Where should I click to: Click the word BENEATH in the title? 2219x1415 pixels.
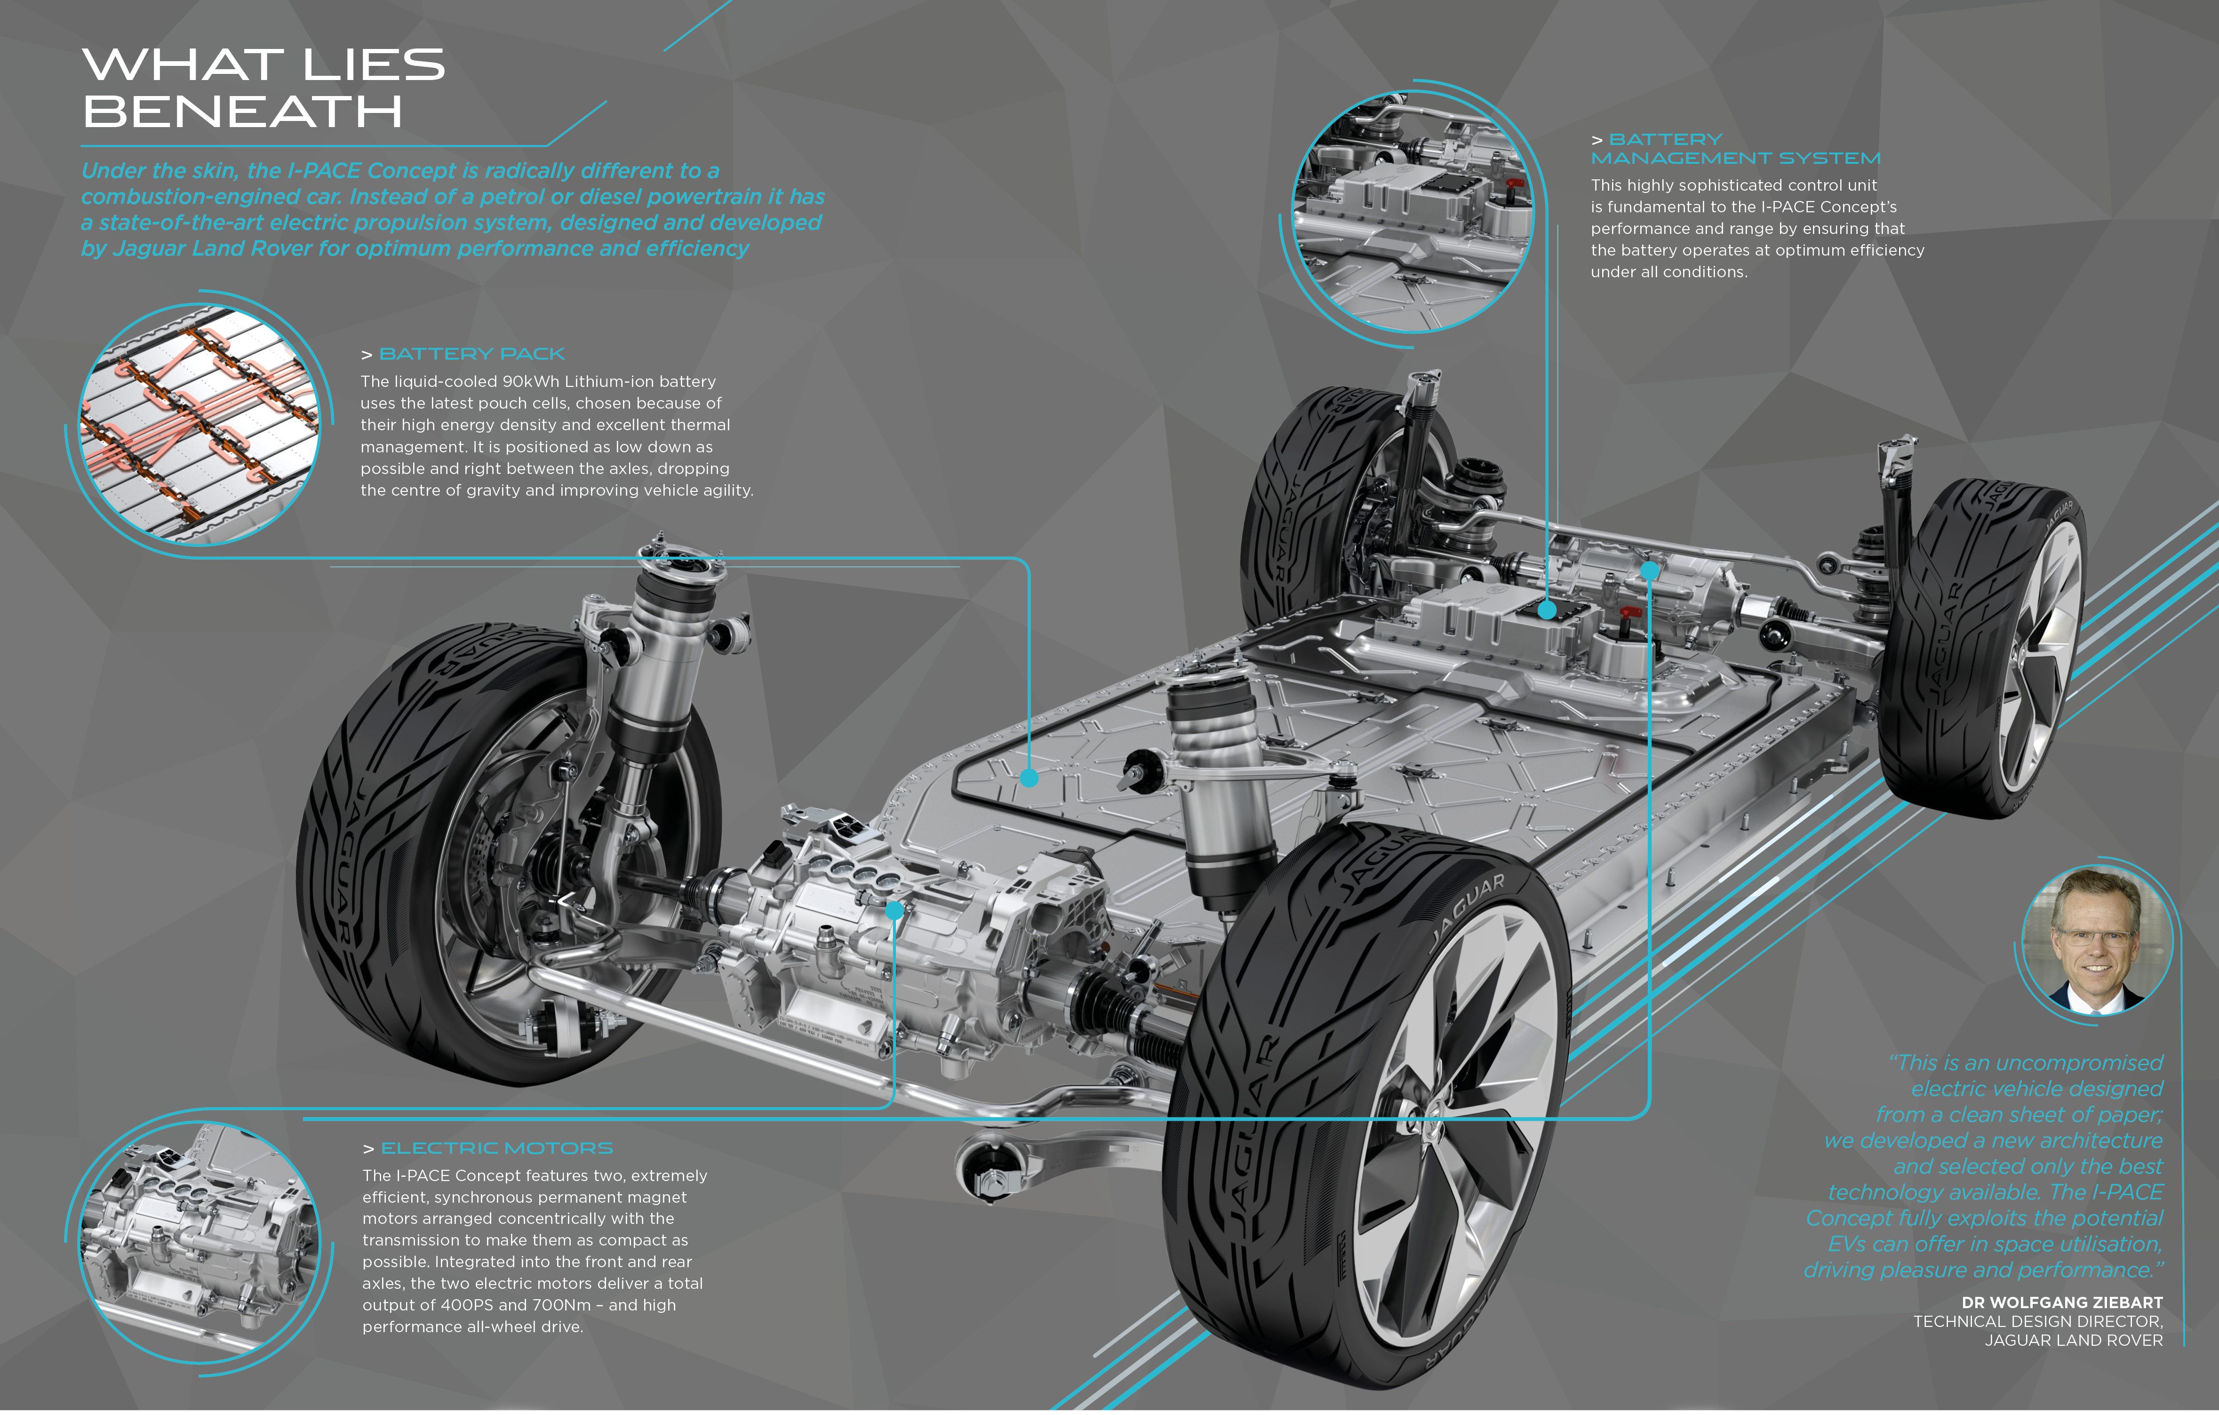click(x=242, y=113)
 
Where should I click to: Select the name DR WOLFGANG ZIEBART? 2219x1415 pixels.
click(x=2061, y=1302)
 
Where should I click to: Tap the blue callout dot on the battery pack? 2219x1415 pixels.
click(x=1030, y=778)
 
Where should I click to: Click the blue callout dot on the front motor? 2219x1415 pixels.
click(x=894, y=911)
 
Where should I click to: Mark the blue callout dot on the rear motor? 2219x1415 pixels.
click(x=1650, y=571)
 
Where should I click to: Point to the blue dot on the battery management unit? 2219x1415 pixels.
click(x=1547, y=609)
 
